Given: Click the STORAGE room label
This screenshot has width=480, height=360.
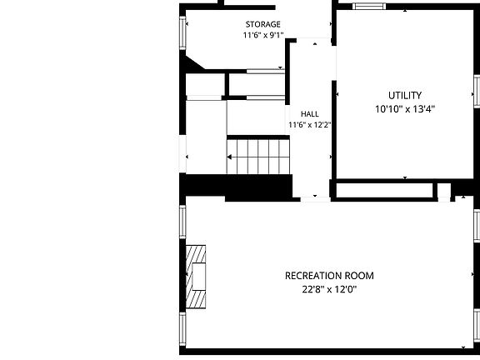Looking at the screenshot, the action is [x=263, y=24].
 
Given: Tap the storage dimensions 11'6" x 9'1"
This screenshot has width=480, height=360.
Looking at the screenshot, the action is [x=263, y=35].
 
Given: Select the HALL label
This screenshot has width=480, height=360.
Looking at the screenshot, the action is [x=310, y=114].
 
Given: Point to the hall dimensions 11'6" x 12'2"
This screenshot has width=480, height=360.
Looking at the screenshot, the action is [x=310, y=125].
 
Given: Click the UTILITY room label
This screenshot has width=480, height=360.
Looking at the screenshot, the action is [x=405, y=96].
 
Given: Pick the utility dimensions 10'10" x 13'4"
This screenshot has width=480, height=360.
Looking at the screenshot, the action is [x=405, y=109].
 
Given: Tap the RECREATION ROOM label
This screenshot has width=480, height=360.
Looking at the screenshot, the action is [x=329, y=276].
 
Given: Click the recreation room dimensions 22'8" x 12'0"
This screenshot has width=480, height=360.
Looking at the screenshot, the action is [x=329, y=289].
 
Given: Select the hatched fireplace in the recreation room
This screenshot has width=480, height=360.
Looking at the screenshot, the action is [x=196, y=277].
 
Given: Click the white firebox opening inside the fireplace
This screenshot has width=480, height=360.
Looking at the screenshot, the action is [x=198, y=277].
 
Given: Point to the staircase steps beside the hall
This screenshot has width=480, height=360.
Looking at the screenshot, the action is [x=258, y=157].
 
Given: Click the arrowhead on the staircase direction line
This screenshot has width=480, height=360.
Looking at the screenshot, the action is [x=229, y=157].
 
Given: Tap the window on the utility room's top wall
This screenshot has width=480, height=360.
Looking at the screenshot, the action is [x=369, y=7].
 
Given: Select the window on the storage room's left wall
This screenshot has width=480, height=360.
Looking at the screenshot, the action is [x=182, y=32].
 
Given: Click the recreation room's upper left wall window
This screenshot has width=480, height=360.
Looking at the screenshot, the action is [x=182, y=222].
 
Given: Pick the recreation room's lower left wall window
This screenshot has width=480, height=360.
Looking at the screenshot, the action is [x=182, y=329].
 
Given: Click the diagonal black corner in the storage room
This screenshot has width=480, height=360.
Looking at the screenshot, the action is [x=193, y=63].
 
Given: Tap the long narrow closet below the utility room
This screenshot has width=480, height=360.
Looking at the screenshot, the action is [x=384, y=190].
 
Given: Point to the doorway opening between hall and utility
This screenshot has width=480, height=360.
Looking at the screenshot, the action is [x=334, y=63].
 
